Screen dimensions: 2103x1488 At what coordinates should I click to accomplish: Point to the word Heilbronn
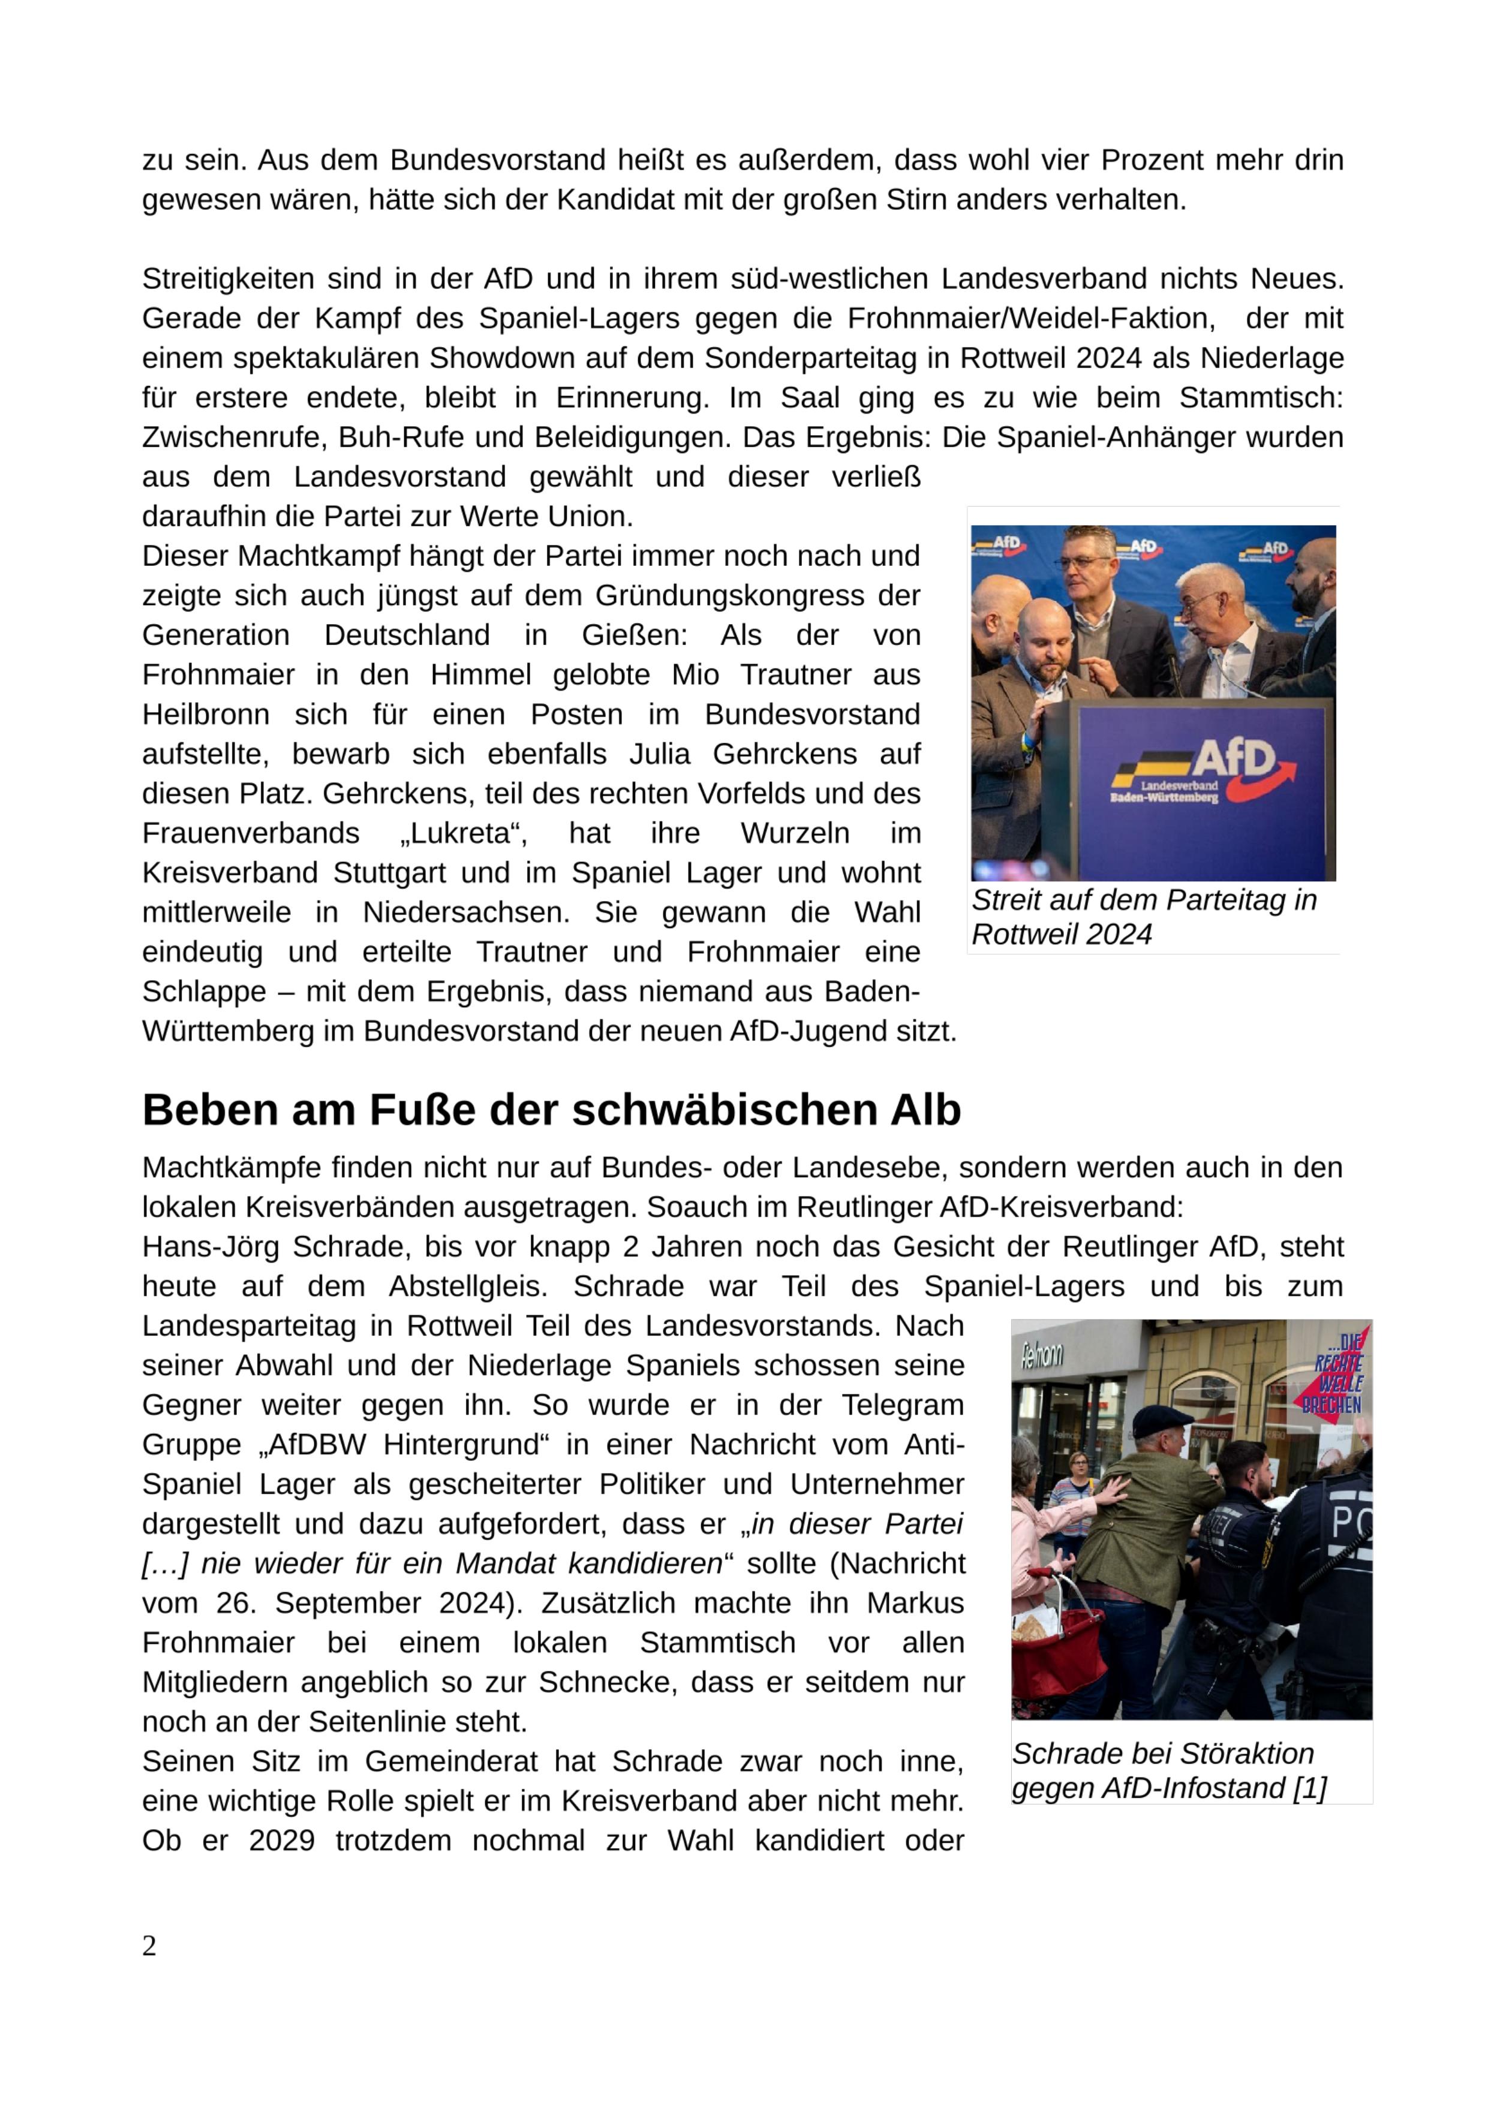tap(205, 715)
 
